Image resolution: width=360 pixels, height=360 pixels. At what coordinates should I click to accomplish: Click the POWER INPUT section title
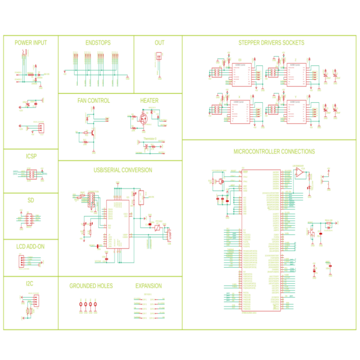(31, 43)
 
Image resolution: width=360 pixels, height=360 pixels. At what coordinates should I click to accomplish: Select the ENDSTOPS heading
(98, 43)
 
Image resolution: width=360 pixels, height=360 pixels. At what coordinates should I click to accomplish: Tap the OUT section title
(159, 43)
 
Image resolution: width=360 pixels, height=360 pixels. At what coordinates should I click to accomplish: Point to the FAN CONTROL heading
(94, 101)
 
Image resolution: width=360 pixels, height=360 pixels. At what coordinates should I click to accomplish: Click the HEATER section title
(149, 101)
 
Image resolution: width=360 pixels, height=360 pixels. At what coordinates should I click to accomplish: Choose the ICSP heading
(31, 156)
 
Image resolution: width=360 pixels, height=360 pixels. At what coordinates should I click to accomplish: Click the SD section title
(31, 200)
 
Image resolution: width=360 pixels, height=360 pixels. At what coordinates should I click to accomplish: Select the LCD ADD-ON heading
(31, 247)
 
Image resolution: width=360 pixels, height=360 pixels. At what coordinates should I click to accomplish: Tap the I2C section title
(31, 283)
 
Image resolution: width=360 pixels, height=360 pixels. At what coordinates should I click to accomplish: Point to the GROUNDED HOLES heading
(91, 286)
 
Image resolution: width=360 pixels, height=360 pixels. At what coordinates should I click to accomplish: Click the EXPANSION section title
(148, 286)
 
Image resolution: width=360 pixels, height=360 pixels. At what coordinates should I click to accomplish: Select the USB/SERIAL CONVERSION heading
(123, 170)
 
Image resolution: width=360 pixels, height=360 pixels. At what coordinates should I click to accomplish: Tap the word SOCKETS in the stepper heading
(293, 43)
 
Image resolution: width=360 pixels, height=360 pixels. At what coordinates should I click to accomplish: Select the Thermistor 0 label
(150, 139)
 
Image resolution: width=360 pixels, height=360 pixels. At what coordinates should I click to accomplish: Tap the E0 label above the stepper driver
(240, 60)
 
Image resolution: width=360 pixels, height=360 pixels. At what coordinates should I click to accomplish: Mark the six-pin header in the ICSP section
(31, 174)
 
